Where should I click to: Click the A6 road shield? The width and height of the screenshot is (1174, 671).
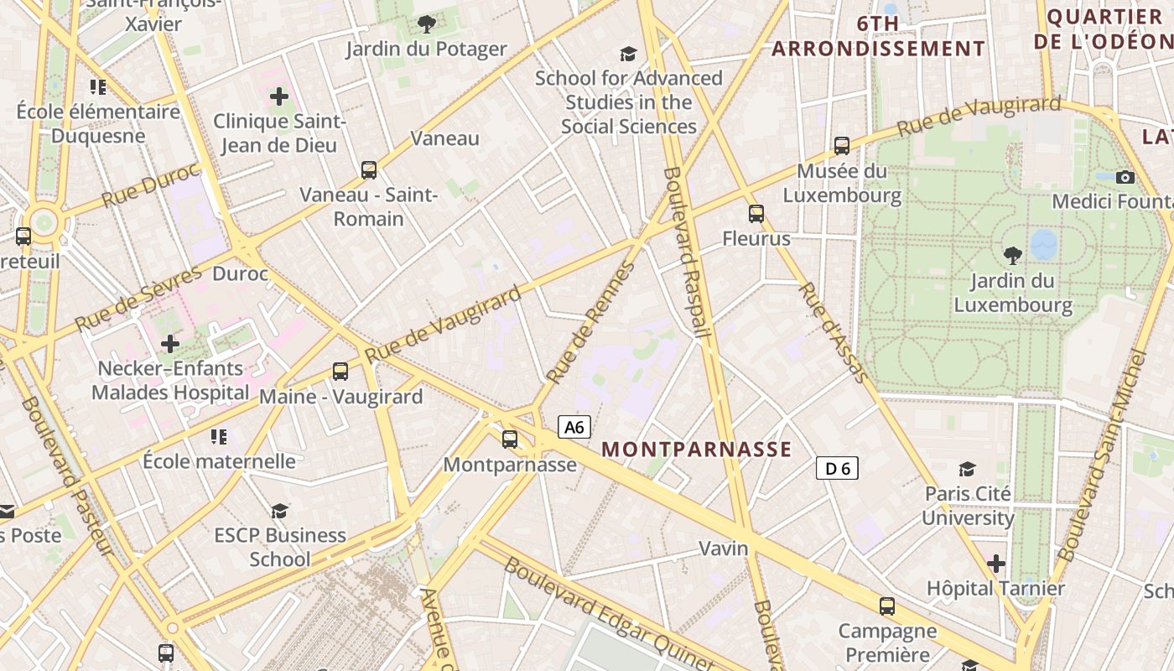tap(574, 427)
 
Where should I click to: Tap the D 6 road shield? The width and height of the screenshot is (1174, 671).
tap(837, 468)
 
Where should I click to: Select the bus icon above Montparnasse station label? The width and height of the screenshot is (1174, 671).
tap(509, 439)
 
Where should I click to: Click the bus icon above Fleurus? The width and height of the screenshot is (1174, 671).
tap(756, 213)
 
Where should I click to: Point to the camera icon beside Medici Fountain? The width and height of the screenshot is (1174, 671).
tap(1125, 177)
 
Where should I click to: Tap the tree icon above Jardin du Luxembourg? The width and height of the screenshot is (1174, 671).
tap(1013, 255)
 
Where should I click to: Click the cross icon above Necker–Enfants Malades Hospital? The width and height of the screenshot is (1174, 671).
tap(170, 343)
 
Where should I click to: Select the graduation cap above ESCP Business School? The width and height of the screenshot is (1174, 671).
tap(279, 510)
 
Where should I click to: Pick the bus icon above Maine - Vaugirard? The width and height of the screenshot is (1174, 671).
tap(340, 371)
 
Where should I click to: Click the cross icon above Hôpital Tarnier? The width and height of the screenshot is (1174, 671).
tap(995, 564)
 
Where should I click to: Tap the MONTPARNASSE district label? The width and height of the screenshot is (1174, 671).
tap(696, 450)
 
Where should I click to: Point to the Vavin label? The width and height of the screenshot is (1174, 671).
tap(723, 549)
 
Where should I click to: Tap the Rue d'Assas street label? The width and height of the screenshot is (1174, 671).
tap(834, 332)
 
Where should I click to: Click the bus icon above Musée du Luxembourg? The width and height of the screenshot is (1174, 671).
tap(842, 145)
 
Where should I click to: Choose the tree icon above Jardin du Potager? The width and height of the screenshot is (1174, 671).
tap(427, 23)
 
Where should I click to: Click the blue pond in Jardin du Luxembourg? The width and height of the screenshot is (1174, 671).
tap(1044, 244)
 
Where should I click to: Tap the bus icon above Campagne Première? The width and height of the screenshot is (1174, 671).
tap(887, 606)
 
